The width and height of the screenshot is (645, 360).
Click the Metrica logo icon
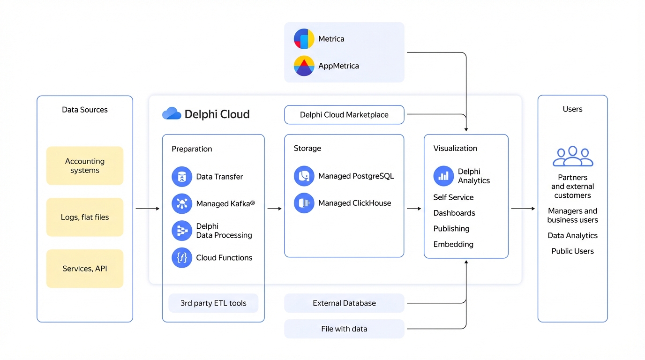point(304,38)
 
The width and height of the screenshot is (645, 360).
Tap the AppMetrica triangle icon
point(304,66)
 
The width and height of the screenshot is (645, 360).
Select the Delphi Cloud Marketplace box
point(344,115)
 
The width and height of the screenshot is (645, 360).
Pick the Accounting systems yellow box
point(85,165)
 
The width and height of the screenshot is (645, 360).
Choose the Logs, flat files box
point(85,217)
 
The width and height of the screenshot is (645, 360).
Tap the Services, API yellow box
point(85,269)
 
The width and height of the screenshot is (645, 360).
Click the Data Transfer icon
point(182,177)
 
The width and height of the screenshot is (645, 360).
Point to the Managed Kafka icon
point(182,203)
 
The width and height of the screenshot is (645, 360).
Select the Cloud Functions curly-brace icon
point(182,258)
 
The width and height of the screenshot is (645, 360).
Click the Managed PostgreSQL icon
point(304,176)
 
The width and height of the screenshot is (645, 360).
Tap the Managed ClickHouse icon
point(304,203)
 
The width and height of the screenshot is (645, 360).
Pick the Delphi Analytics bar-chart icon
point(443,176)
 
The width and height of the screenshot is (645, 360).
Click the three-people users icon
point(573,156)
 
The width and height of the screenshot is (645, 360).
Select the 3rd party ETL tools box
point(213,303)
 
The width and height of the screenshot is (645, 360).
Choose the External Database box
point(344,303)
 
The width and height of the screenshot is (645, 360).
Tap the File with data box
point(344,329)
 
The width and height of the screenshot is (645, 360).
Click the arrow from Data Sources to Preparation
point(148,209)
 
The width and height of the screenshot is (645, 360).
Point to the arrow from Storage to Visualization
point(414,209)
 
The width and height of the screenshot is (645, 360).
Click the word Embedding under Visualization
point(453,244)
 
